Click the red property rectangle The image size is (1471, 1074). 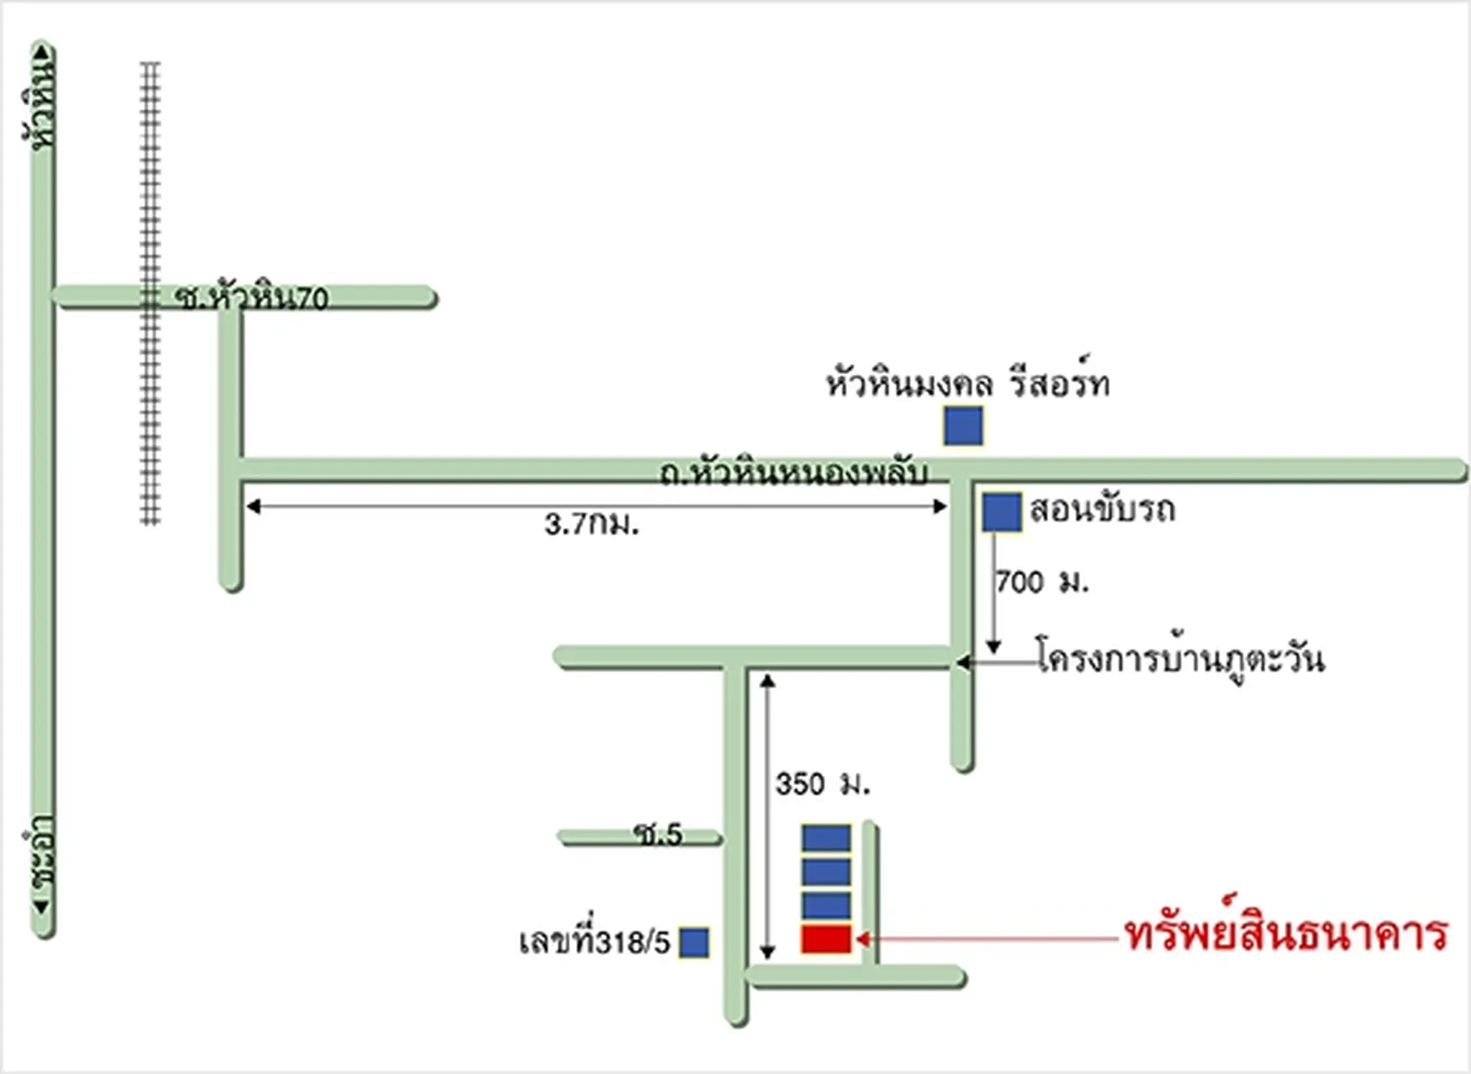click(826, 939)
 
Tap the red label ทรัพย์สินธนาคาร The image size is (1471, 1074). click(1286, 933)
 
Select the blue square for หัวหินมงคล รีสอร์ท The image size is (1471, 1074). click(963, 426)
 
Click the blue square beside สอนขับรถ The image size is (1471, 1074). click(1002, 512)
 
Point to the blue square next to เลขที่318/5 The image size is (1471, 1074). click(695, 943)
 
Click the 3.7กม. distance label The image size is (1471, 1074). click(592, 524)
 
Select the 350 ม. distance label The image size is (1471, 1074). click(823, 784)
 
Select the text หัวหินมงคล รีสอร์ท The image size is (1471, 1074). click(967, 381)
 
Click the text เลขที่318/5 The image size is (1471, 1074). click(595, 940)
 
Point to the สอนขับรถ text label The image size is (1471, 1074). click(1103, 509)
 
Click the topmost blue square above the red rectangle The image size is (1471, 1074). click(826, 838)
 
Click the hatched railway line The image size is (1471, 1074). click(149, 293)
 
